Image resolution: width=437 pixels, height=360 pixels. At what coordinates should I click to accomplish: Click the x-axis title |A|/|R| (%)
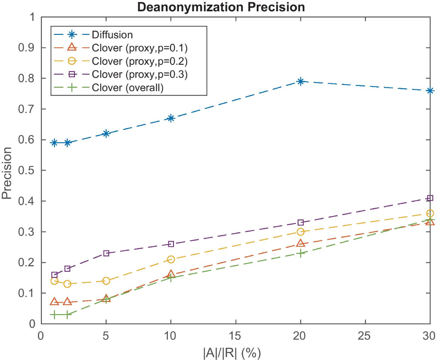(x=235, y=352)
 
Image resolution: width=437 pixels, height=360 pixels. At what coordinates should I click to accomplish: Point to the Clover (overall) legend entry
(x=127, y=88)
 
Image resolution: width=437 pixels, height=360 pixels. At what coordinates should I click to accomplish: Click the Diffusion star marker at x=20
(x=300, y=81)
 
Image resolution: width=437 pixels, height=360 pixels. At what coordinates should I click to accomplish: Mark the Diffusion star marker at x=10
(x=171, y=118)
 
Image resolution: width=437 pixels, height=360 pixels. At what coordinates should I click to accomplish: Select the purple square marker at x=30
(x=430, y=198)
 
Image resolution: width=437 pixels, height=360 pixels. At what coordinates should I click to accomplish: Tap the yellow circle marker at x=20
(x=300, y=232)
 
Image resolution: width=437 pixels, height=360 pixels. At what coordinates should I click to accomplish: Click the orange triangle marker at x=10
(x=171, y=274)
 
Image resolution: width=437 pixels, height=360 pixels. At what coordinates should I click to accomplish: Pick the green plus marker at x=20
(x=300, y=253)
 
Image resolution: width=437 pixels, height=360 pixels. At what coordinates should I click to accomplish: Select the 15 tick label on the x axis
(x=236, y=334)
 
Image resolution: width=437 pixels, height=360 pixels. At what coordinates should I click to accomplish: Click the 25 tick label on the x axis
(x=365, y=334)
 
